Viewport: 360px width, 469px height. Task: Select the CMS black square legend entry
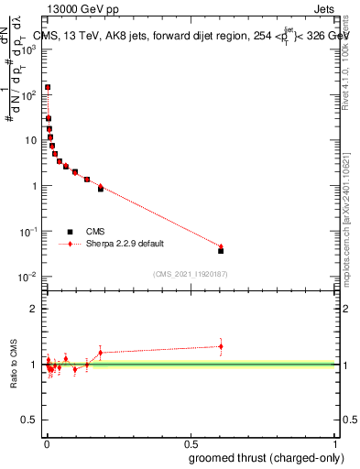(x=70, y=232)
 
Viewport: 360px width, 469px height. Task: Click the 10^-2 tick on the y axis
(x=31, y=277)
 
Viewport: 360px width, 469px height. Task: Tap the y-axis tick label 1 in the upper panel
(x=38, y=186)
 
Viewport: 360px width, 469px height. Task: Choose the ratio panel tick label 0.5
(x=32, y=420)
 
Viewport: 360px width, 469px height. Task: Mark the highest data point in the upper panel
(x=48, y=87)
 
